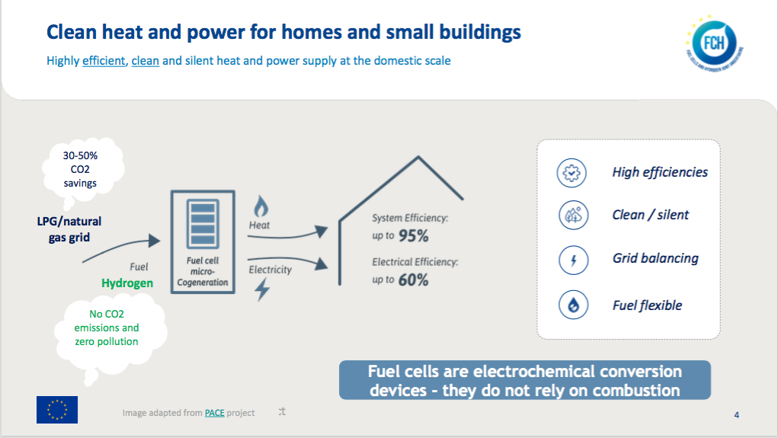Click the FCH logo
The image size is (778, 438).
pos(715,43)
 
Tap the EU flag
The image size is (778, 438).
pos(57,410)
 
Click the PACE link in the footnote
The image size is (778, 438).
pos(214,413)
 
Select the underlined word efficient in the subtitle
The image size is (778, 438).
pos(104,61)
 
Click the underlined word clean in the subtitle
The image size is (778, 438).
pos(146,61)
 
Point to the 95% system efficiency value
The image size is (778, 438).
pos(413,236)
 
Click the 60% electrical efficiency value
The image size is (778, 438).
pos(413,280)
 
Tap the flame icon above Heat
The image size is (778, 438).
pos(261,206)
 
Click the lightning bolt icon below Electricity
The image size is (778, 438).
pos(262,289)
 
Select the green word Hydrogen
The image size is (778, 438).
pos(127,283)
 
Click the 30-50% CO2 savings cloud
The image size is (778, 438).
pos(82,171)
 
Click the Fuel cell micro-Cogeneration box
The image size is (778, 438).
pos(203,242)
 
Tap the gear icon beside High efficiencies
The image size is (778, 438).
pos(571,173)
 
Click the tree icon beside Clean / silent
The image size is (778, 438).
pos(574,216)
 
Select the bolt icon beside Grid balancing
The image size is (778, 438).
pos(574,260)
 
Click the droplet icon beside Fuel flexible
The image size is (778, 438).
pos(574,305)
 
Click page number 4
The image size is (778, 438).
pos(737,415)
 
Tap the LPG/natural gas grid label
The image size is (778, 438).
pos(69,229)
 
